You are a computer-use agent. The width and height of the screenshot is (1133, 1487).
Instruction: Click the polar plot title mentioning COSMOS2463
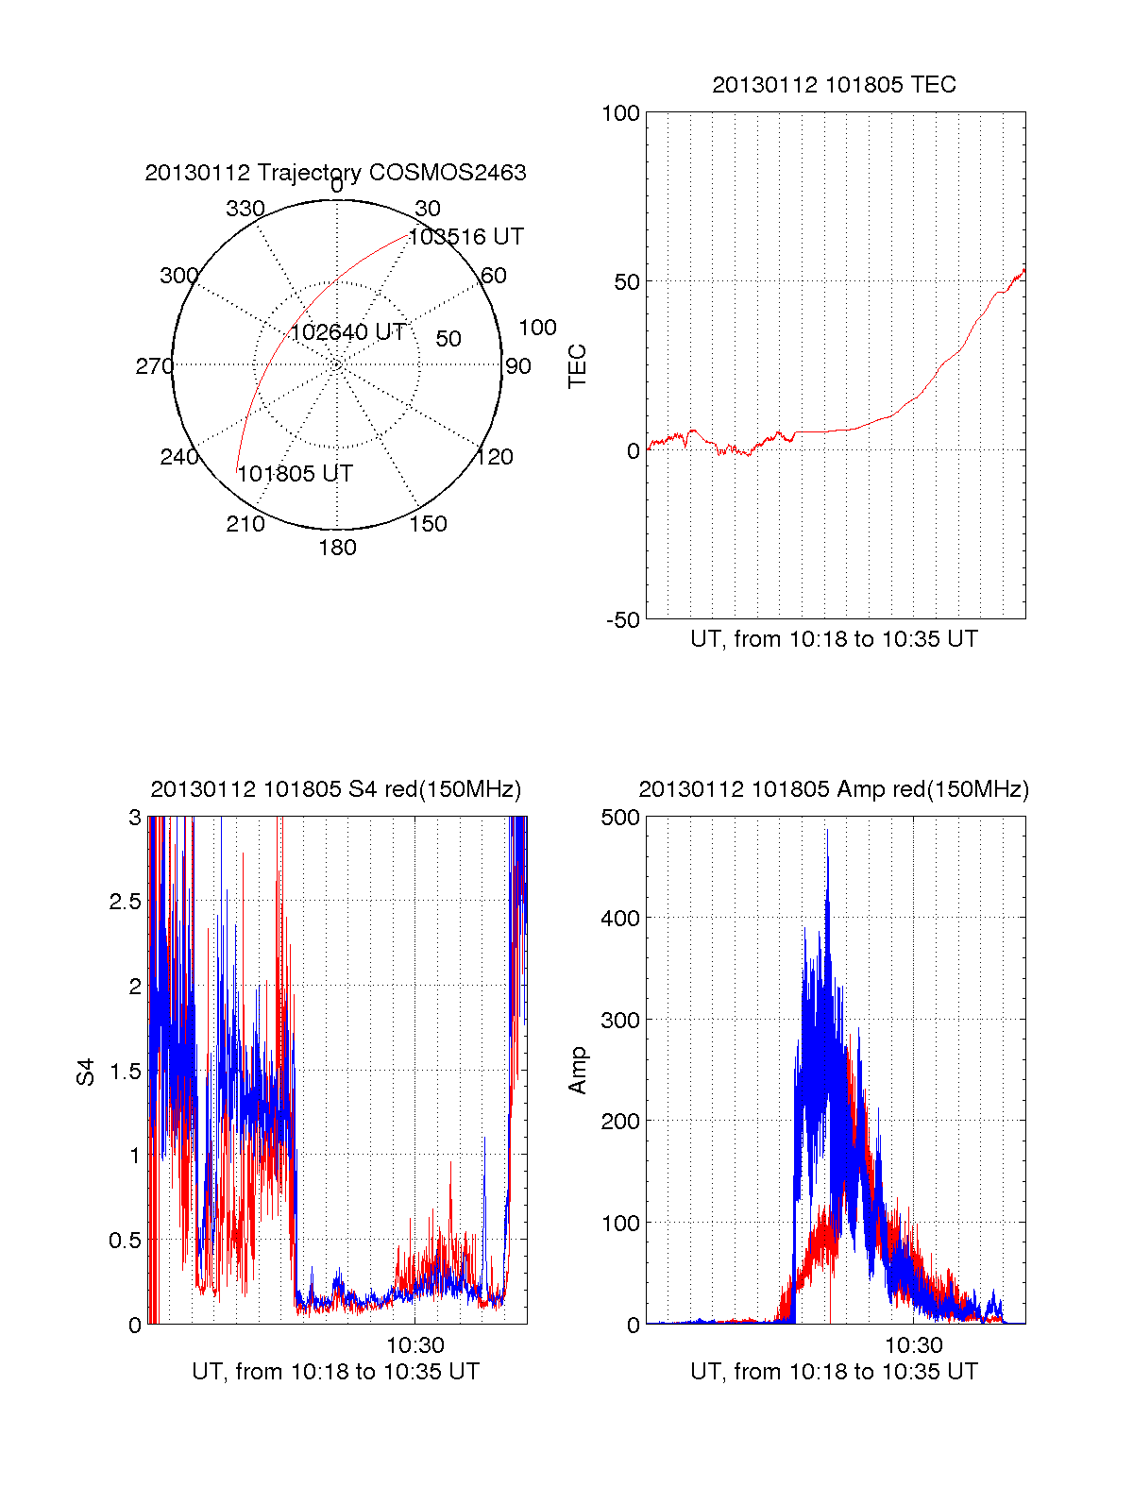point(335,173)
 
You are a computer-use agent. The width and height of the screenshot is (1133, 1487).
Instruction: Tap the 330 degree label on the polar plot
point(245,209)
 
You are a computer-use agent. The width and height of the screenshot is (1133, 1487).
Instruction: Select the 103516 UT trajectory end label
point(465,237)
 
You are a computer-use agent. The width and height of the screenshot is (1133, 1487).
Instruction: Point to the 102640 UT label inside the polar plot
point(347,332)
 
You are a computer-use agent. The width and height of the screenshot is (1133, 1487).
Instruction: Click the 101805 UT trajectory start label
point(295,474)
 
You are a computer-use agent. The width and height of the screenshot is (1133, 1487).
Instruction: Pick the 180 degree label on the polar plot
point(337,548)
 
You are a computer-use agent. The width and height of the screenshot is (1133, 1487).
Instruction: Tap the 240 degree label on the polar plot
point(178,457)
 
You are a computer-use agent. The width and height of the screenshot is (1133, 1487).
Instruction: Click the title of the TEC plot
point(834,85)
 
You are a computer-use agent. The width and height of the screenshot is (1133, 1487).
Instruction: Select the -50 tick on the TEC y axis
point(622,620)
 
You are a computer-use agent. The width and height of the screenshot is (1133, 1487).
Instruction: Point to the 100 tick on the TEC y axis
point(620,113)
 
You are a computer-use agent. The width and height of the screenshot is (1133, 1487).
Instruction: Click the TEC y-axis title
point(577,365)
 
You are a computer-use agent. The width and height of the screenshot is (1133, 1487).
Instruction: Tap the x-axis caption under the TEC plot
point(834,639)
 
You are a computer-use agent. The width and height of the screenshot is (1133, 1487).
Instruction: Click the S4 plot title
point(335,789)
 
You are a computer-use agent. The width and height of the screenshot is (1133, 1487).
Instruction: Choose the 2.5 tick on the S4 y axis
point(125,902)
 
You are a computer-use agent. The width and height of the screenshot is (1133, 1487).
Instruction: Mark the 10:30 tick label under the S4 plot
point(415,1344)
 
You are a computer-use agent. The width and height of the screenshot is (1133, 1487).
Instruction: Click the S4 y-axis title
point(86,1072)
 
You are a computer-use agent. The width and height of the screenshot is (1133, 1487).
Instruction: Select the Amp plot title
point(834,789)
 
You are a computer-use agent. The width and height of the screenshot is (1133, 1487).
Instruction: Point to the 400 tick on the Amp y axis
point(620,918)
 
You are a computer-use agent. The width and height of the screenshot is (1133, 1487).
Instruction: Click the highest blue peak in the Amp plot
point(827,832)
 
